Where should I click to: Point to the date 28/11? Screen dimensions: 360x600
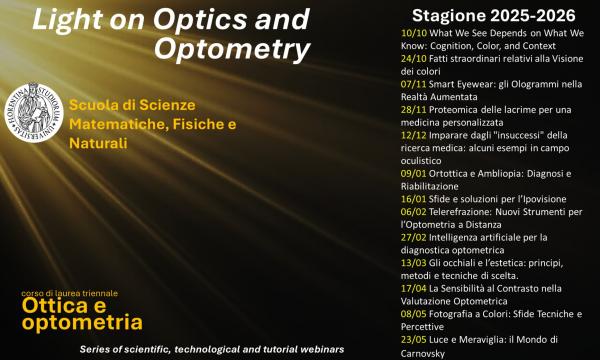click(399, 109)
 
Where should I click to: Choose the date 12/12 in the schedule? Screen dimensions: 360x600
click(399, 135)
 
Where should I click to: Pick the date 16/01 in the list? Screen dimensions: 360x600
click(399, 199)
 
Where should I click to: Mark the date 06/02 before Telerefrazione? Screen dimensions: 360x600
click(399, 212)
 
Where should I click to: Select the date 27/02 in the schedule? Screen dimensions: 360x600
click(399, 237)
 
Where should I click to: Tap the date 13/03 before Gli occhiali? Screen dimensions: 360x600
click(399, 262)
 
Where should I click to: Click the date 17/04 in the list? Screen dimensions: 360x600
click(399, 288)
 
